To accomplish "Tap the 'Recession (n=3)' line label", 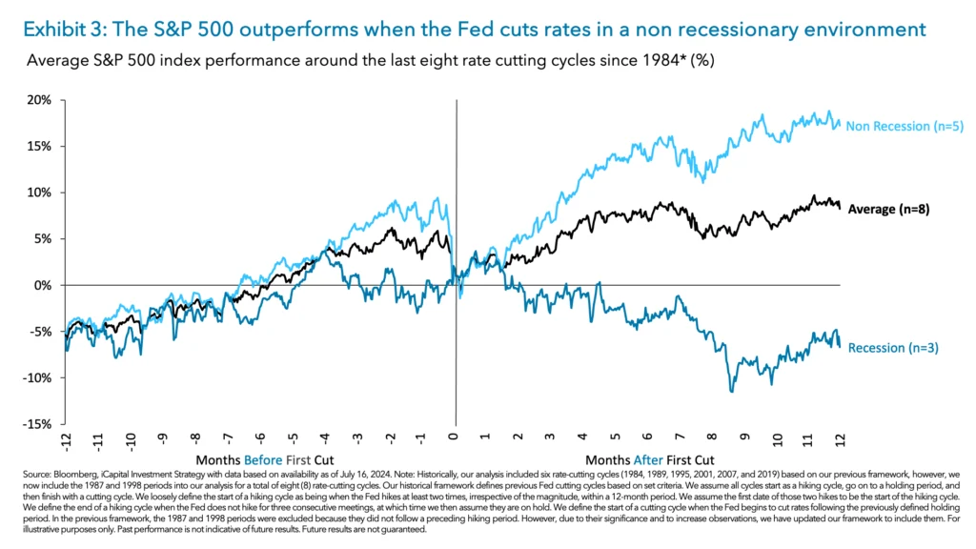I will tap(892, 348).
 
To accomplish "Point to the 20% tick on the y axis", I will tap(41, 99).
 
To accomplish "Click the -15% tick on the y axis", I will tap(39, 424).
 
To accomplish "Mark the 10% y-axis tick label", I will tap(41, 193).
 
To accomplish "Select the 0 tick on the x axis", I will tap(455, 438).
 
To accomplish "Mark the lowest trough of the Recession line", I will tap(731, 391).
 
